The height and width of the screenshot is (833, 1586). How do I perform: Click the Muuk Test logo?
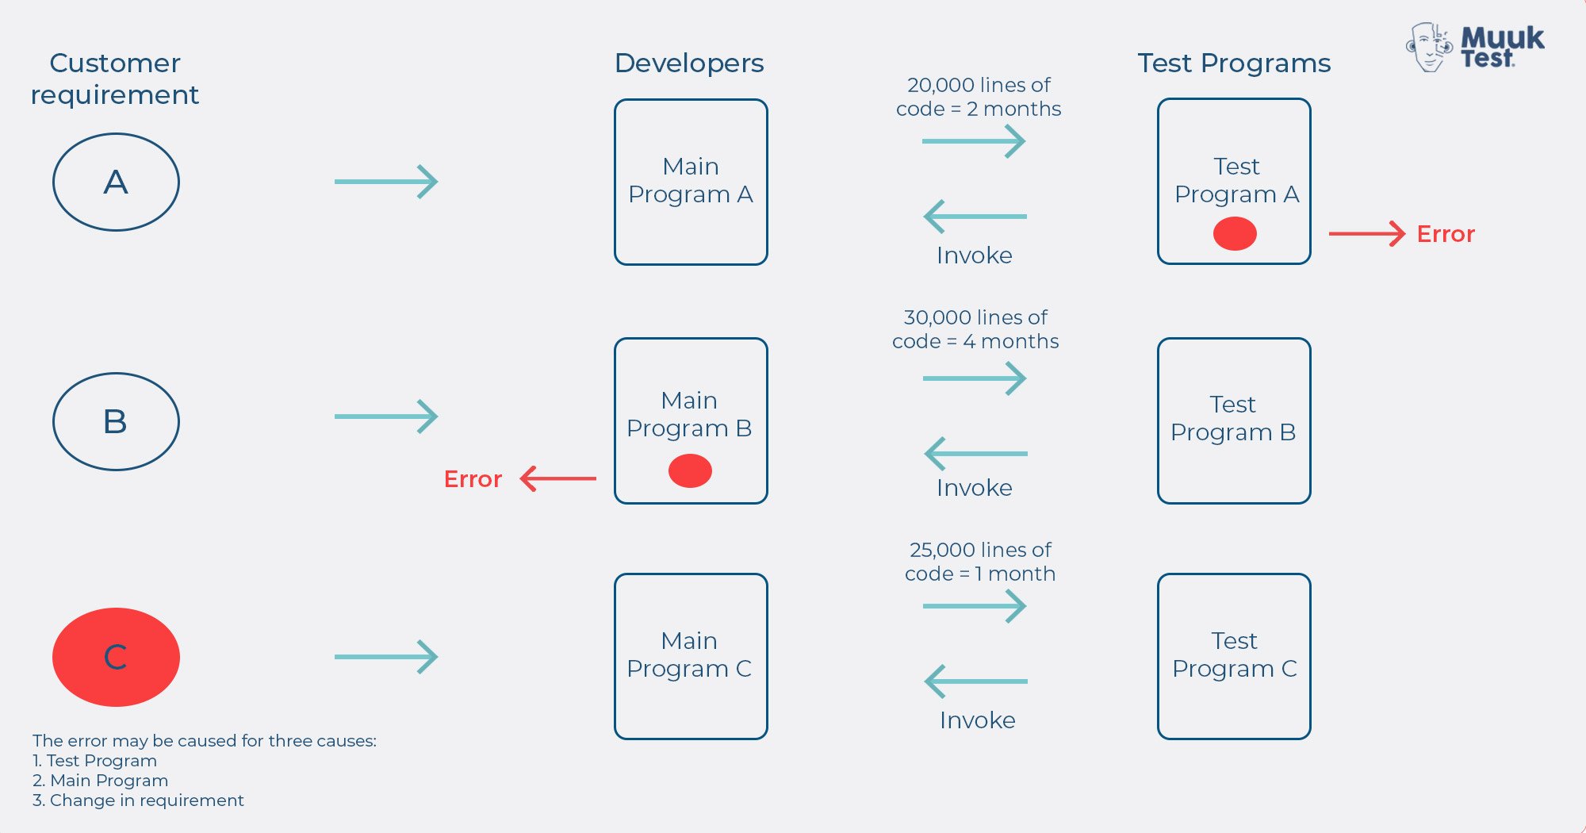tap(1475, 48)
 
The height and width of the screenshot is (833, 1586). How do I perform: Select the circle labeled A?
tap(116, 182)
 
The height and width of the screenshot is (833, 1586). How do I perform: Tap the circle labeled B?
tap(116, 421)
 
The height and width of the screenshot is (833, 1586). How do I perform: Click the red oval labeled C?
tap(116, 657)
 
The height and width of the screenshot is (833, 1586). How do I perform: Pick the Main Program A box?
tap(691, 182)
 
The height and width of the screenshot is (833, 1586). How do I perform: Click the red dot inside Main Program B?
tap(690, 470)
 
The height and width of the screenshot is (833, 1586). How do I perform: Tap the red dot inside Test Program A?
tap(1235, 234)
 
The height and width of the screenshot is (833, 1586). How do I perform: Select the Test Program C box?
tap(1234, 656)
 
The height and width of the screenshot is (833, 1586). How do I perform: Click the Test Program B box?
tap(1234, 420)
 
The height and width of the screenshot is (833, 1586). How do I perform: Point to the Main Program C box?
tap(691, 656)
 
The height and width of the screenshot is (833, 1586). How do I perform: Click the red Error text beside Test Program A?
tap(1445, 234)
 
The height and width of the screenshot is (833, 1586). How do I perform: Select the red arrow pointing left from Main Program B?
tap(558, 478)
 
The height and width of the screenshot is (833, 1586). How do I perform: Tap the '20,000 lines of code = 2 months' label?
tap(979, 97)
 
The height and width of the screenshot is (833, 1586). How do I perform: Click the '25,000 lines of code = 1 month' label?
tap(980, 562)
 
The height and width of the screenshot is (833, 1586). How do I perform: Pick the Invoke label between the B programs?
tap(975, 487)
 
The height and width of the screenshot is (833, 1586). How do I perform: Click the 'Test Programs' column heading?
tap(1234, 63)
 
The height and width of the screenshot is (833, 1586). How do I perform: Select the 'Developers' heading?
tap(689, 63)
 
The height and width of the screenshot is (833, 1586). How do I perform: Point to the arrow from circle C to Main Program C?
tap(386, 657)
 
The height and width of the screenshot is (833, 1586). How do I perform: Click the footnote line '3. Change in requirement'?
tap(138, 800)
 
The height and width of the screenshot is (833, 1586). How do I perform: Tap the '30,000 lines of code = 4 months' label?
tap(975, 329)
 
